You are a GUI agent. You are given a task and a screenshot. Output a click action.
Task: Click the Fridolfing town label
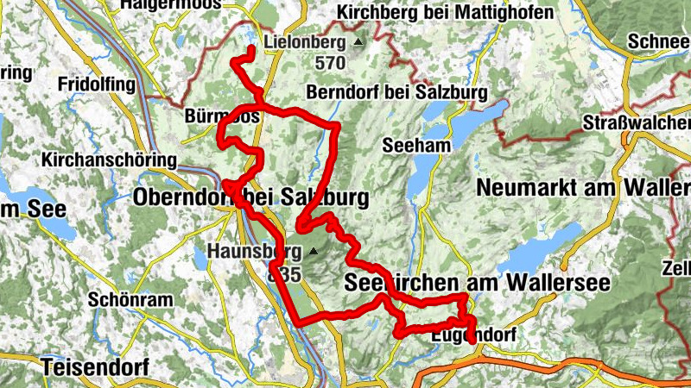pos(97,84)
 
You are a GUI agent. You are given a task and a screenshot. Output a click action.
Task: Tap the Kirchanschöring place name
pos(108,160)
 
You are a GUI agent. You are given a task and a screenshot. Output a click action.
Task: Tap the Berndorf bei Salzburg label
pos(396,92)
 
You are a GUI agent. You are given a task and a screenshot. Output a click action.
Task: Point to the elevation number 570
pos(330,63)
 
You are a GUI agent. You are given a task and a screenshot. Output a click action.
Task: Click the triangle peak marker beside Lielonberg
pos(358,41)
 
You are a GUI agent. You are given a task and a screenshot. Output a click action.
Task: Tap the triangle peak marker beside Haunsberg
pos(313,252)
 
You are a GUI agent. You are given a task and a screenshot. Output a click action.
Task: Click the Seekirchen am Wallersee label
pos(477,282)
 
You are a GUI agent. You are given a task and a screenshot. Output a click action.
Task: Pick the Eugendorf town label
pos(466,332)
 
